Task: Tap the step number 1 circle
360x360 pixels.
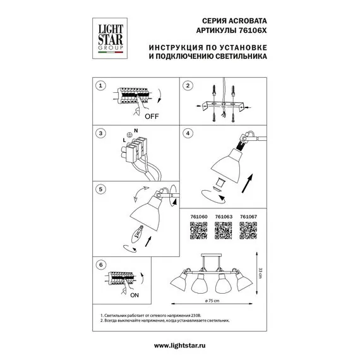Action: pos(98,86)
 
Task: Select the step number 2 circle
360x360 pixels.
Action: pos(188,86)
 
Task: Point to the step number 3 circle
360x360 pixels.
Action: pos(98,133)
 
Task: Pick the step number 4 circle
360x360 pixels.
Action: pos(188,133)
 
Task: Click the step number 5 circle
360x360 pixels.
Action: pos(98,188)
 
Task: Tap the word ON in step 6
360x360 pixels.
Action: pos(134,295)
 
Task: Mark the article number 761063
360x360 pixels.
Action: pos(223,216)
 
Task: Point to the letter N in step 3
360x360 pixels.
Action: pos(135,129)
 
